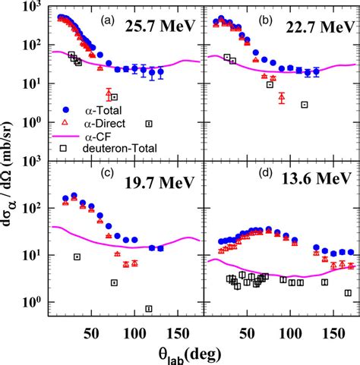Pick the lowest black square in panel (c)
pyautogui.click(x=149, y=309)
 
